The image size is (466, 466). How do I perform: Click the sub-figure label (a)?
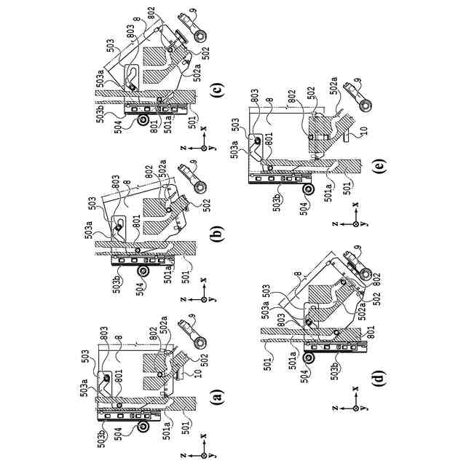pos(216,397)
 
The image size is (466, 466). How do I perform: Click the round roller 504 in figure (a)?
pos(143,424)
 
